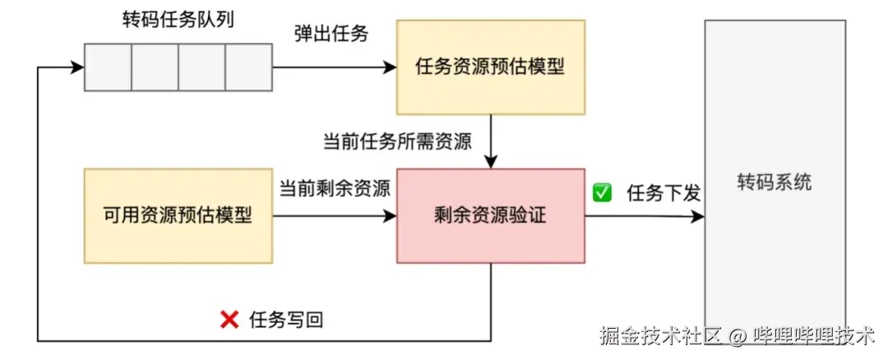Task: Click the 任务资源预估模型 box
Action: [x=491, y=67]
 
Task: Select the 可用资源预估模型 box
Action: [x=178, y=216]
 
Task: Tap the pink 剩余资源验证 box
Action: [x=491, y=216]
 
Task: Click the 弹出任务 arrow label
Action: [x=331, y=35]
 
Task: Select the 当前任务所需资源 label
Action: [x=397, y=141]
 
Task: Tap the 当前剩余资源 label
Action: [x=334, y=187]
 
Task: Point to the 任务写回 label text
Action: [x=286, y=321]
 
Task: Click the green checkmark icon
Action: [x=603, y=193]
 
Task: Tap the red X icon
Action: [x=229, y=321]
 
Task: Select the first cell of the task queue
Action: [x=108, y=67]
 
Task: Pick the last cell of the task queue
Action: [x=248, y=67]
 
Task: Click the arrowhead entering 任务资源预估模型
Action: [x=391, y=67]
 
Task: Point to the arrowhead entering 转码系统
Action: [x=698, y=217]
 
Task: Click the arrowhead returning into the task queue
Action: [x=78, y=67]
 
